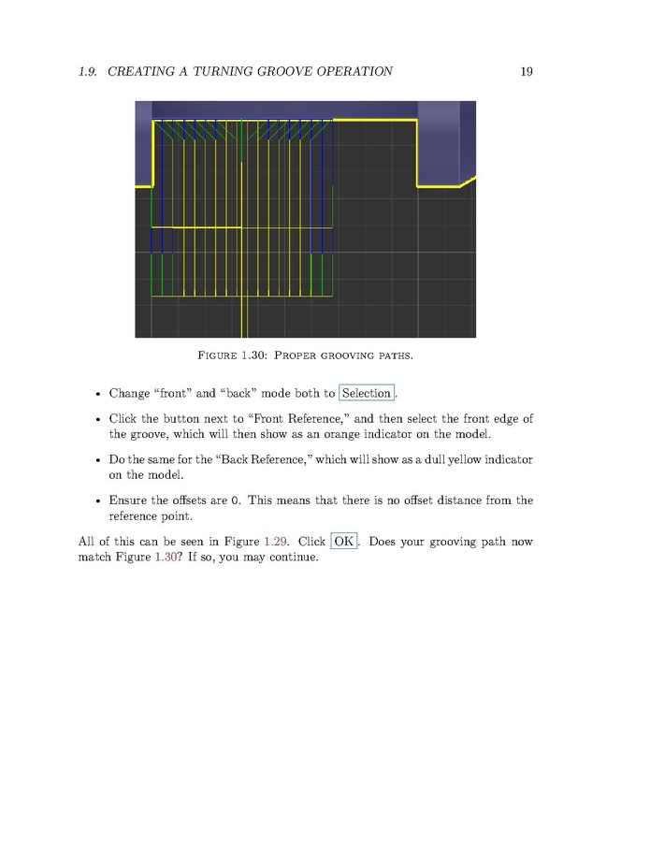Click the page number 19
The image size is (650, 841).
coord(526,71)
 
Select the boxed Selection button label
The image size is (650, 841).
coord(367,394)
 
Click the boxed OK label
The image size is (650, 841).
coord(344,542)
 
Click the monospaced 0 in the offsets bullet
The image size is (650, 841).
coord(238,500)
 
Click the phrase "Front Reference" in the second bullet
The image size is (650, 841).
coord(304,419)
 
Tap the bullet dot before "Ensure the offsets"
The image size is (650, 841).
coord(98,500)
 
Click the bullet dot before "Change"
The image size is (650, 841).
coord(98,394)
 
